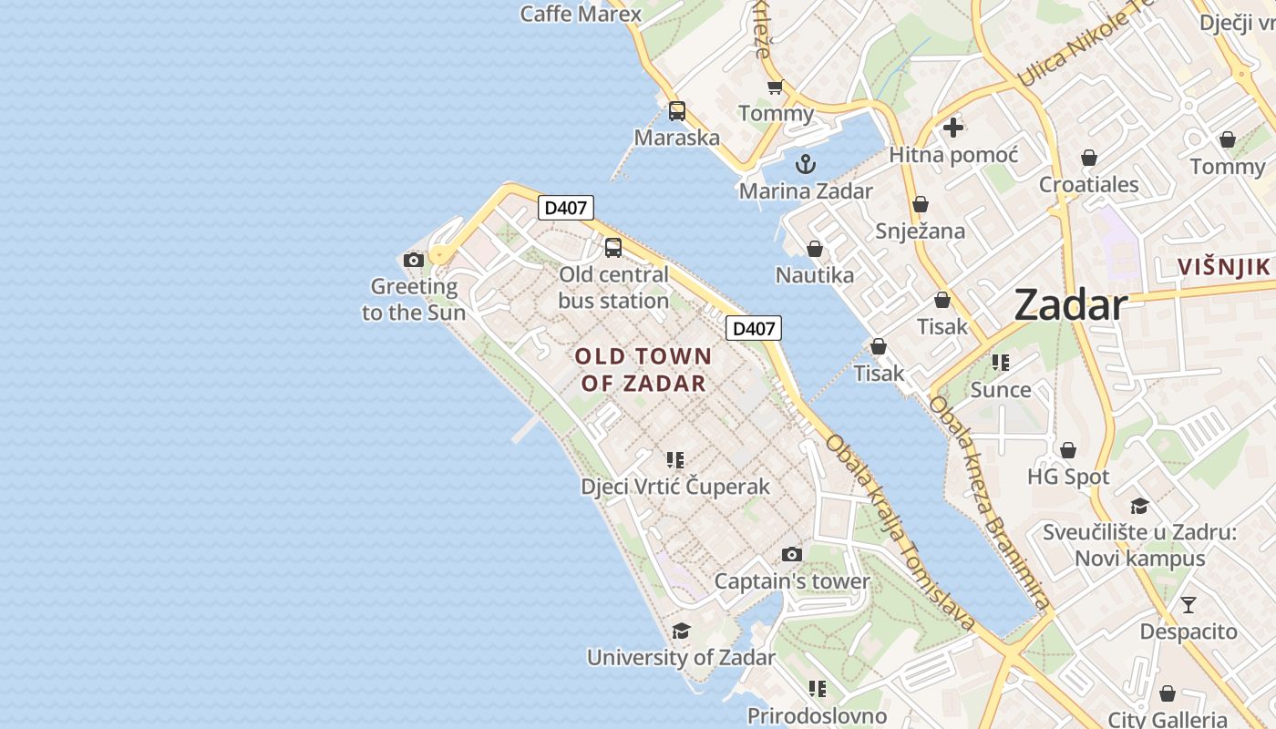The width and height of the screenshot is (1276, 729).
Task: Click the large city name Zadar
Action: (x=1071, y=304)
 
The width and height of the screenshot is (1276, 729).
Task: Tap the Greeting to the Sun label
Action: (x=414, y=299)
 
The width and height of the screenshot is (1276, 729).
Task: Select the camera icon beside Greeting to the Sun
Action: (x=414, y=261)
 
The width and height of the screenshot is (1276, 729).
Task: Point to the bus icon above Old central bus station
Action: (x=613, y=247)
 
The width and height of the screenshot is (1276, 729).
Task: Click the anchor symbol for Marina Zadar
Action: (x=805, y=164)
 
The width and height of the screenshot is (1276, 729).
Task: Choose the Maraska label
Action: (x=676, y=138)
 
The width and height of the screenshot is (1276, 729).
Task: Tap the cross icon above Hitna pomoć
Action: (x=953, y=128)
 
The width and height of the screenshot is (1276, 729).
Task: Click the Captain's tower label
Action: (x=791, y=581)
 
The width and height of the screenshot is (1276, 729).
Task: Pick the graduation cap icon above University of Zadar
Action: (x=681, y=631)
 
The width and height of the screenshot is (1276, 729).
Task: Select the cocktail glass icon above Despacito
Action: (x=1189, y=604)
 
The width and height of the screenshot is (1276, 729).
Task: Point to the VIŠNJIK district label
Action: (x=1223, y=267)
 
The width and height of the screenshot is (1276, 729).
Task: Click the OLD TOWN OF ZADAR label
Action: (x=643, y=369)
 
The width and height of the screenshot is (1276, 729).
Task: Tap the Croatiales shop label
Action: (x=1089, y=184)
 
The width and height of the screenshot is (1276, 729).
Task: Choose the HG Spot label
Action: (x=1068, y=477)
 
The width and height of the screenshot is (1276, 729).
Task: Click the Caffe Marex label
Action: (x=581, y=14)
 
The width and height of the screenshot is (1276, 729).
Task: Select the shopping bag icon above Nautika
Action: (x=815, y=249)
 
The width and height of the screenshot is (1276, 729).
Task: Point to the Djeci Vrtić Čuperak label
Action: (x=675, y=487)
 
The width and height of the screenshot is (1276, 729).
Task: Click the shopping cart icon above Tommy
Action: (x=775, y=87)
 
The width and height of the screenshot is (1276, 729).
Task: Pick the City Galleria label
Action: (x=1167, y=719)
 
